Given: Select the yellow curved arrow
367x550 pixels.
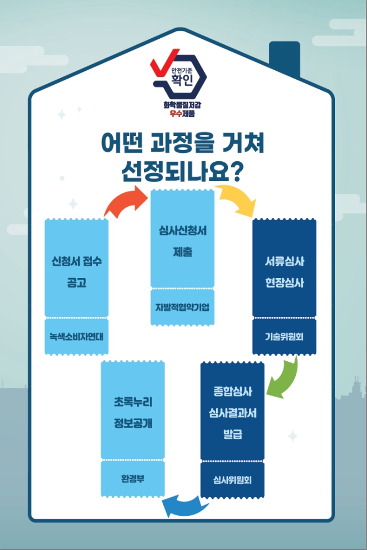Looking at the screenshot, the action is click(236, 201).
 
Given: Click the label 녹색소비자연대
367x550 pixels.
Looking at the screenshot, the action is click(76, 337).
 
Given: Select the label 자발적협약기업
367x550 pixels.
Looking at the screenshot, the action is click(182, 307).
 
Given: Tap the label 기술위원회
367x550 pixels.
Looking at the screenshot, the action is click(284, 337).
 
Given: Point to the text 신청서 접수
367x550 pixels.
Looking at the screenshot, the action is click(76, 262).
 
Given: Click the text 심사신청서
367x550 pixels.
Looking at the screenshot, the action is click(182, 230).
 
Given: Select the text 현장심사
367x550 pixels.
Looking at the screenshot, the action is click(284, 283).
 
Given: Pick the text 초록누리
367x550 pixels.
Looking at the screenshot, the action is click(132, 402).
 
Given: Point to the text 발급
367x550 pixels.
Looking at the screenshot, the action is click(232, 434).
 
